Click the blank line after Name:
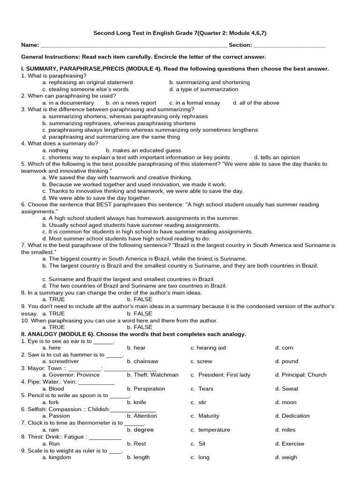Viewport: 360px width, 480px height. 134,45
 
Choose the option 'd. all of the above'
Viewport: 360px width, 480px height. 256,103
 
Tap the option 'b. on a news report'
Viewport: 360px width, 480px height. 131,103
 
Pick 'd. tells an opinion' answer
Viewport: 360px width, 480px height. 277,157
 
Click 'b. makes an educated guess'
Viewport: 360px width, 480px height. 143,150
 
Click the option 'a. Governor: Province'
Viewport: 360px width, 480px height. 71,375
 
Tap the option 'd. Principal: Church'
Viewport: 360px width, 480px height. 301,375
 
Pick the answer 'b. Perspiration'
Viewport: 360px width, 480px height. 146,389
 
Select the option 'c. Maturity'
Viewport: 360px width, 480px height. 205,416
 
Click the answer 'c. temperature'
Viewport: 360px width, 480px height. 210,430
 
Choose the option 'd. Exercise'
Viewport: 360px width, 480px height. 290,443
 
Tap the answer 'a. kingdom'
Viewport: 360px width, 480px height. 57,457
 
